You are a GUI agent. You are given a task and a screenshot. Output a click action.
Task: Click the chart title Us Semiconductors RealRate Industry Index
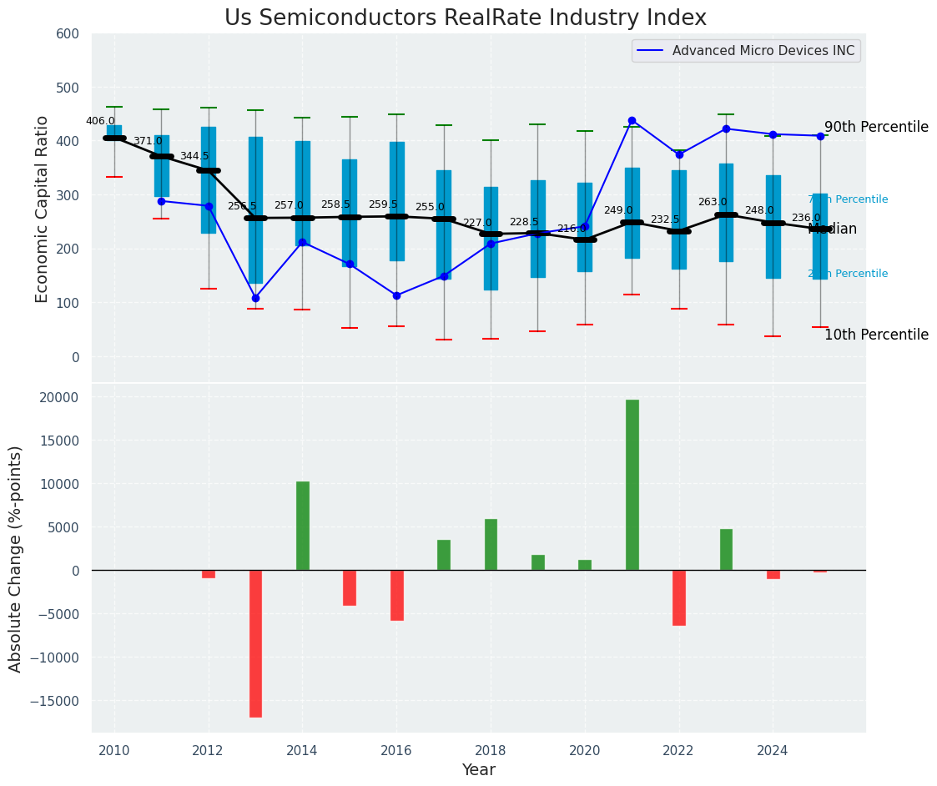465,18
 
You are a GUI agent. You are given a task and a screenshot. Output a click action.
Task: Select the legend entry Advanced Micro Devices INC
763,51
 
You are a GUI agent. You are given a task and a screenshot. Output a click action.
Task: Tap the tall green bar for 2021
632,485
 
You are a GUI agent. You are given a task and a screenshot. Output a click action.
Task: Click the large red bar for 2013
255,643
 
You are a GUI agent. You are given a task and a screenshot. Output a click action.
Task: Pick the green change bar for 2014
302,526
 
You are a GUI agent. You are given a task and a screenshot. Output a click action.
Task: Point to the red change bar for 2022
679,597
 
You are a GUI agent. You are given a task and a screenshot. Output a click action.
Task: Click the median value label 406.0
100,121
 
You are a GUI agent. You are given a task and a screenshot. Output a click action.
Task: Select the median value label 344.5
194,156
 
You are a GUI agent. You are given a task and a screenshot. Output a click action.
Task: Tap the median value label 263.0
713,202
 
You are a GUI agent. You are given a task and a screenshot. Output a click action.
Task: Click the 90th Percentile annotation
876,128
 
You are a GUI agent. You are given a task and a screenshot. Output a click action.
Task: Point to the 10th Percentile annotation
876,335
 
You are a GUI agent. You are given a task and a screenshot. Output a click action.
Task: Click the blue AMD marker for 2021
632,120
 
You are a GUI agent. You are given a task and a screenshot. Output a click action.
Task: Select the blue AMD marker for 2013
255,298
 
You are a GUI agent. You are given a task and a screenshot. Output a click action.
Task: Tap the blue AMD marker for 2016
396,295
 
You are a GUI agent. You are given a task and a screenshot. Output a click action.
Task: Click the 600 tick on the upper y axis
68,34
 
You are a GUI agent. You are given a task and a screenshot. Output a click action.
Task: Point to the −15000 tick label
54,701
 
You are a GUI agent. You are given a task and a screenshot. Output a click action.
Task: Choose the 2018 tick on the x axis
491,750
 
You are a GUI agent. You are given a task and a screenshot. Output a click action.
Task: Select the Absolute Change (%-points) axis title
16,558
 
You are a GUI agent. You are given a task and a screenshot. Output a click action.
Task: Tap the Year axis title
478,770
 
